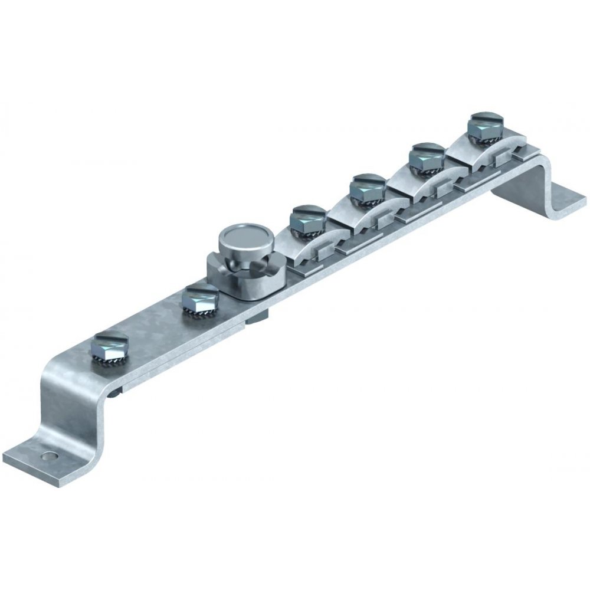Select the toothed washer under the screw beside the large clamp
tap(201, 313)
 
